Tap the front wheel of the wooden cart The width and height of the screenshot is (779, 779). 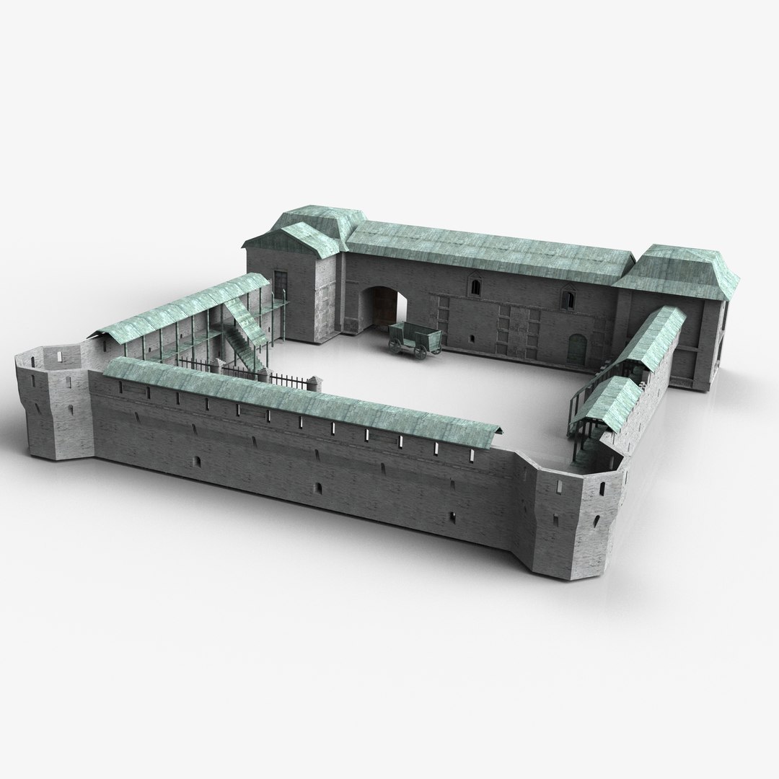[x=396, y=346]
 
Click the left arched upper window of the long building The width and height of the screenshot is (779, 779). [x=475, y=288]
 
